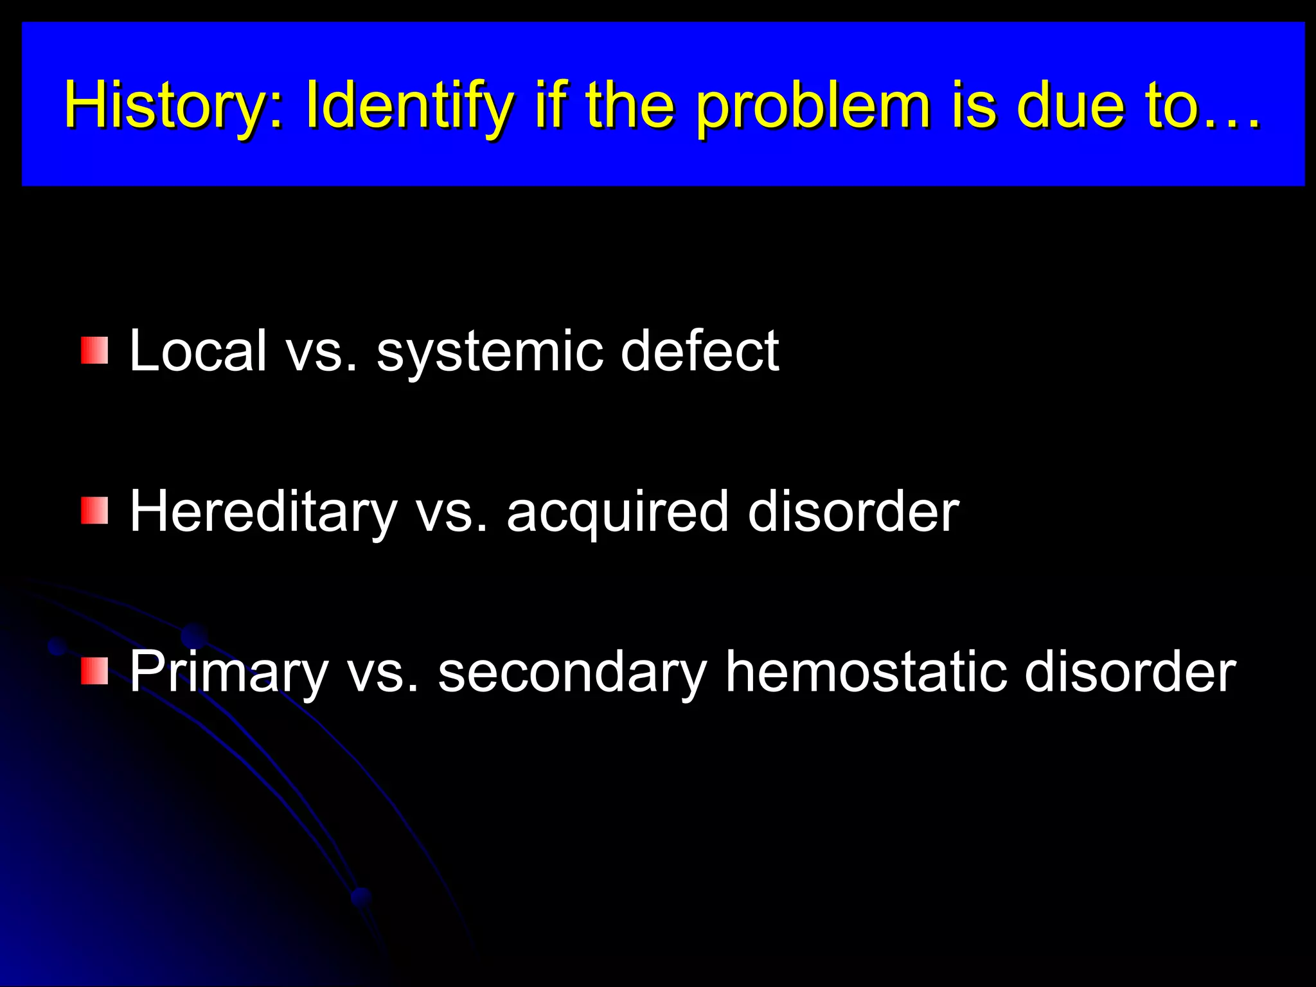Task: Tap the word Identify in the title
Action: tap(409, 106)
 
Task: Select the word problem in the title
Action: tap(814, 106)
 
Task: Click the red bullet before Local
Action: tap(94, 350)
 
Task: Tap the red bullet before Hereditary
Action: tap(94, 511)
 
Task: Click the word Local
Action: tap(198, 350)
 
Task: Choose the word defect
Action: tap(700, 350)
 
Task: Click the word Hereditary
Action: tap(263, 512)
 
